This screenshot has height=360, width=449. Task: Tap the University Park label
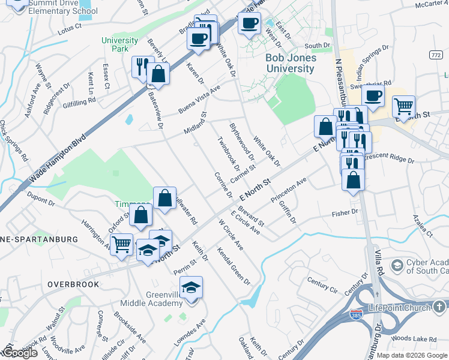tap(119, 44)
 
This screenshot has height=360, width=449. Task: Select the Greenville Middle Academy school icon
tap(191, 288)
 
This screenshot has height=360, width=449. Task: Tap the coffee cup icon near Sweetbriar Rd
tap(373, 95)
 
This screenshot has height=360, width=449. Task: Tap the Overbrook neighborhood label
tap(73, 284)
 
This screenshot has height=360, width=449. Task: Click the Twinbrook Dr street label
tap(228, 156)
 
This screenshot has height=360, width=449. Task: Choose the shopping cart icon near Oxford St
tap(122, 244)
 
